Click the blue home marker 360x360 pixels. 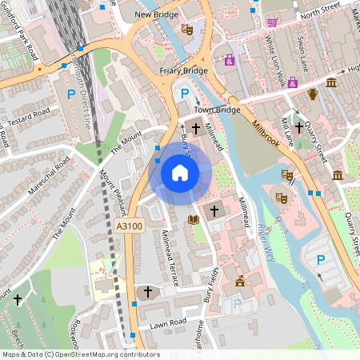[179, 173]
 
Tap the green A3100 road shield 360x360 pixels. [129, 227]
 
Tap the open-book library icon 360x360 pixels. [193, 218]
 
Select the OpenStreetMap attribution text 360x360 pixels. [81, 354]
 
